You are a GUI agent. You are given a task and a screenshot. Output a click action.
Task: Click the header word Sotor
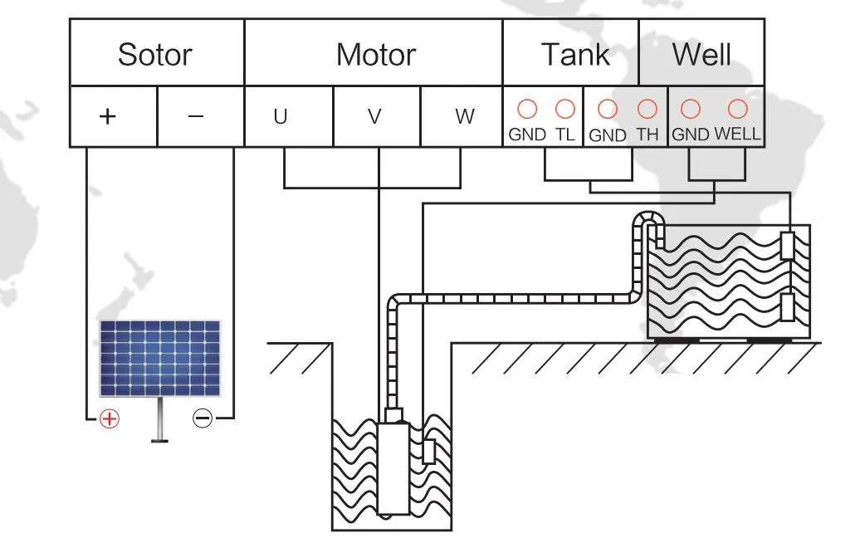(155, 55)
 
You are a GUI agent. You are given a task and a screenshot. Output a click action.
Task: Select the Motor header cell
(375, 55)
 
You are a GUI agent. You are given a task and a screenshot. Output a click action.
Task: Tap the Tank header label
(574, 55)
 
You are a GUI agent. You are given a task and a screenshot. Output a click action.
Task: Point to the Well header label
(701, 55)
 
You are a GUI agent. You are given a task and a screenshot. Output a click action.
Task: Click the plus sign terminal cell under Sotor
(107, 117)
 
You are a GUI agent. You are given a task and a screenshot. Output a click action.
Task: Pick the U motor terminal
(281, 117)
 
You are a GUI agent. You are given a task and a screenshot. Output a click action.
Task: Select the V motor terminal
(375, 117)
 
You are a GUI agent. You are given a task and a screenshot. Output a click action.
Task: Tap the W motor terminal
(465, 117)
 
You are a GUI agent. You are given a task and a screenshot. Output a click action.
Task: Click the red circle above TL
(564, 109)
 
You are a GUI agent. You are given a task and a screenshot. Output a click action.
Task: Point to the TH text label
(647, 135)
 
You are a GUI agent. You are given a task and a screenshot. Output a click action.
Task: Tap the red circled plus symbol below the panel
(110, 418)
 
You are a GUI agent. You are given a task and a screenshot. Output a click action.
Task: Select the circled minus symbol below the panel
(202, 418)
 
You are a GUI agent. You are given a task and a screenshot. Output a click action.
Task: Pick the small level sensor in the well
(428, 451)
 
